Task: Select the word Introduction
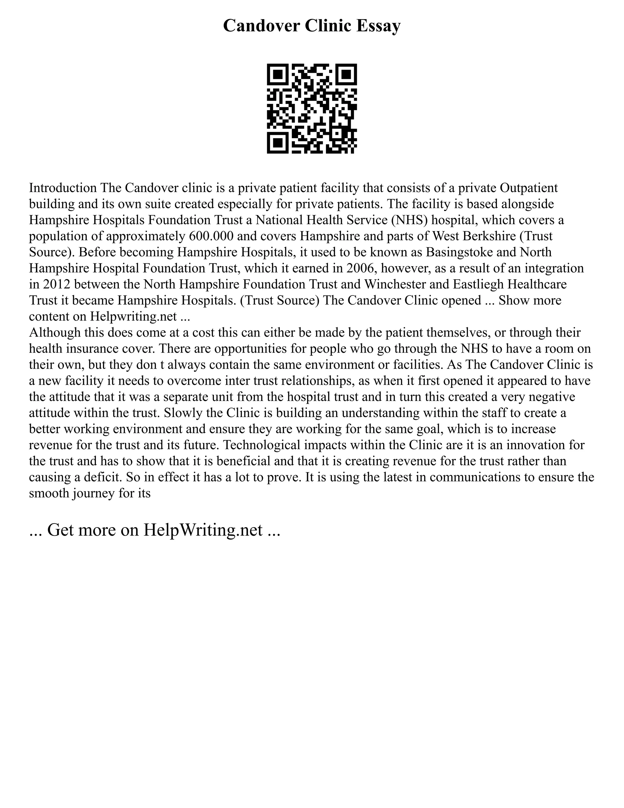63,188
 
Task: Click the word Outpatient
529,188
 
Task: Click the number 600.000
211,236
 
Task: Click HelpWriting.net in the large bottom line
203,530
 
